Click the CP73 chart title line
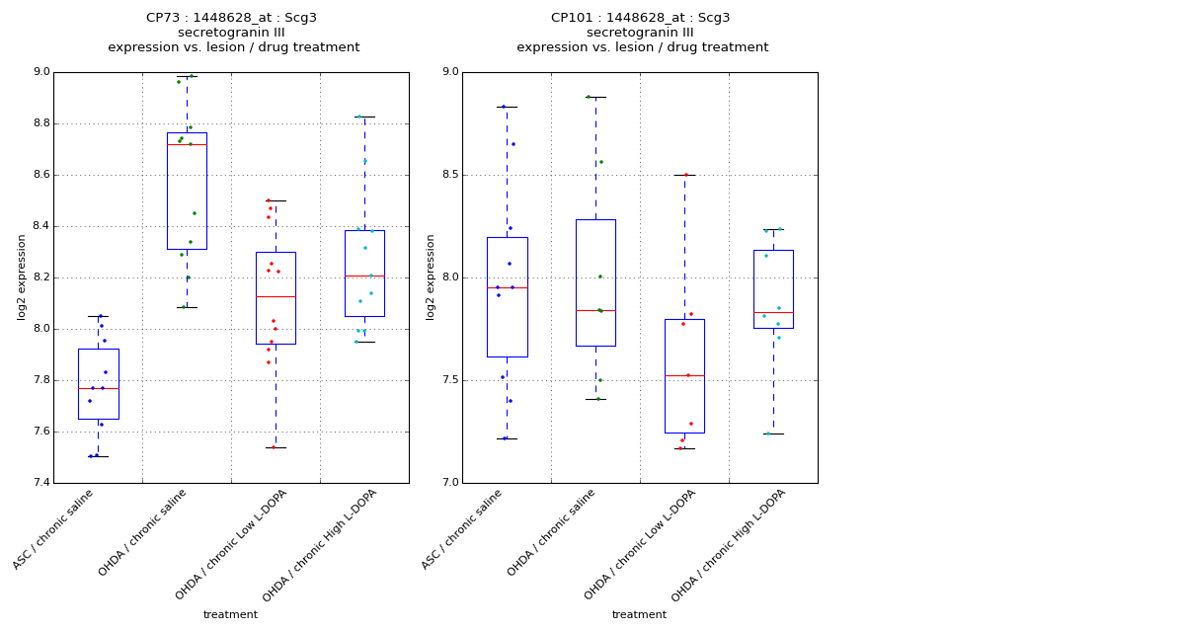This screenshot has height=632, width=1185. (x=231, y=18)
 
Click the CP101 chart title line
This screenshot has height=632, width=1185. (x=640, y=18)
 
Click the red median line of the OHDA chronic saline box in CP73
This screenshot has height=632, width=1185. (x=187, y=144)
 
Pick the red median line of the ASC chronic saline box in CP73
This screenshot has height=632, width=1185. (x=99, y=388)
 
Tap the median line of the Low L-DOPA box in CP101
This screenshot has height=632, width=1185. (x=684, y=375)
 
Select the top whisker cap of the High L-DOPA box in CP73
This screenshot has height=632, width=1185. (x=364, y=117)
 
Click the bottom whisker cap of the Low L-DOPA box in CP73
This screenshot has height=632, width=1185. (x=276, y=447)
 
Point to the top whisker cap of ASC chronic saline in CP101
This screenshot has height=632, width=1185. (x=507, y=107)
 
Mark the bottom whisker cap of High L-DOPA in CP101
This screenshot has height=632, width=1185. (x=773, y=434)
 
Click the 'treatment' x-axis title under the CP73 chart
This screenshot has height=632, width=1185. (x=230, y=615)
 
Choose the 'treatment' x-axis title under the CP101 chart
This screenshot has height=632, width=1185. (x=639, y=615)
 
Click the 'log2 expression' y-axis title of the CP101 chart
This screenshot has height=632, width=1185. (x=431, y=276)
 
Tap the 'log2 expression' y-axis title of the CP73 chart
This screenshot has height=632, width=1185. (x=22, y=276)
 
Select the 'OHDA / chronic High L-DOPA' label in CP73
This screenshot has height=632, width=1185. (x=321, y=545)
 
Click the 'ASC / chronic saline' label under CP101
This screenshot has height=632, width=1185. (x=462, y=529)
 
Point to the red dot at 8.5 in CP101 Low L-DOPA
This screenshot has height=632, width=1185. (x=685, y=175)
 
